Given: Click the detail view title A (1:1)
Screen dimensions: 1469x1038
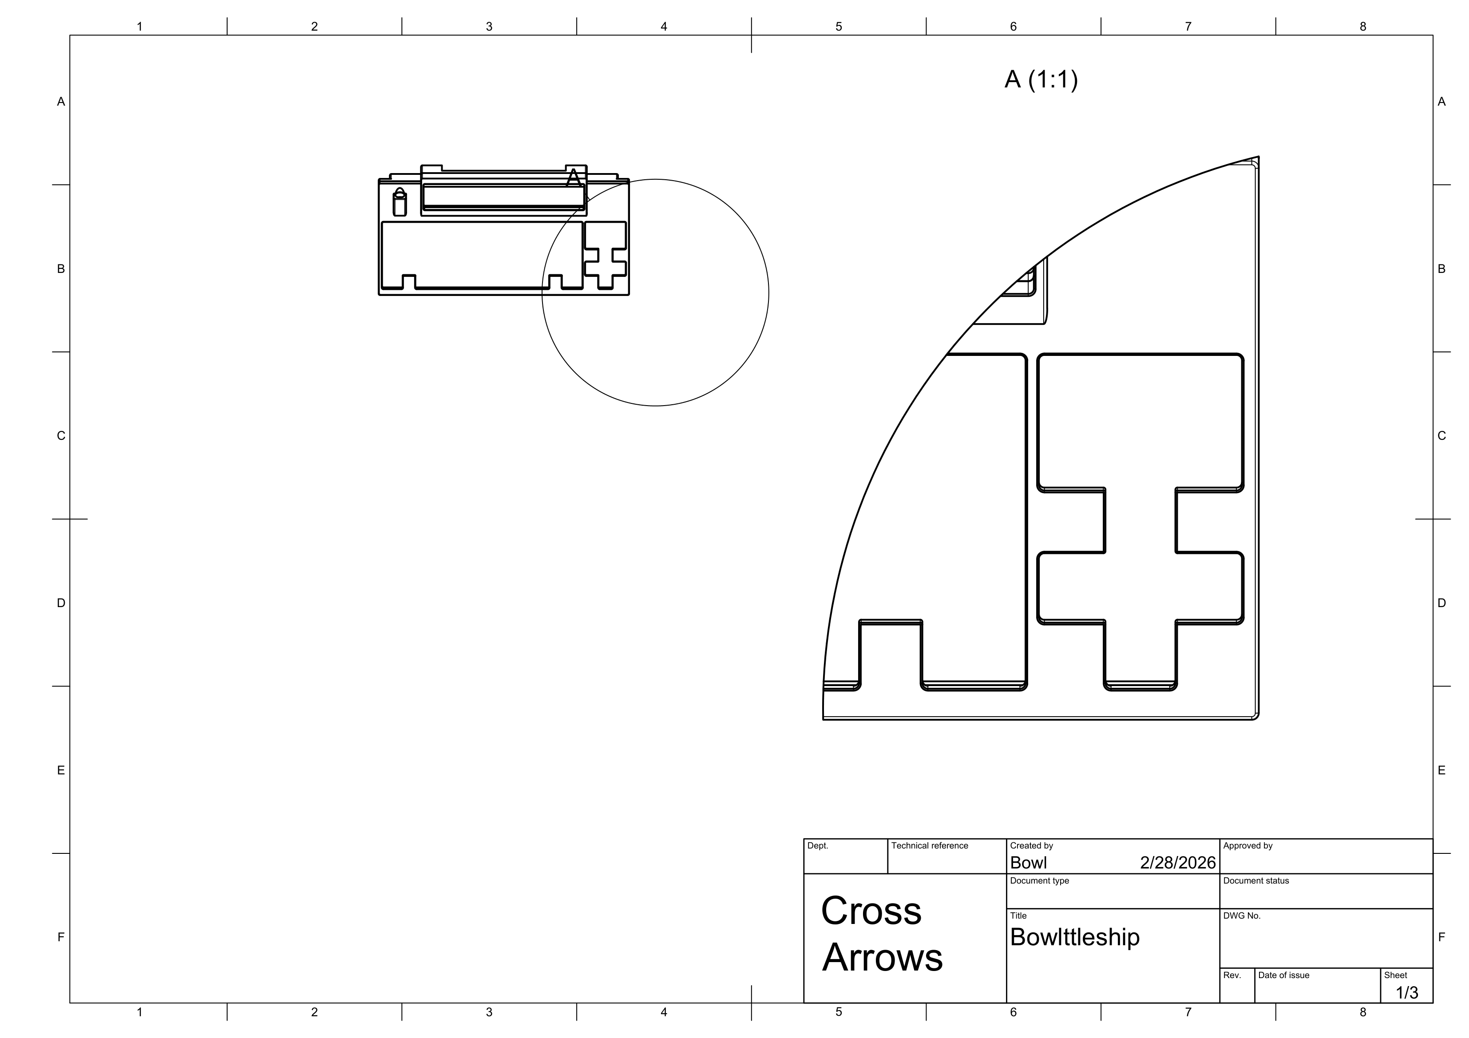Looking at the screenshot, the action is (1041, 80).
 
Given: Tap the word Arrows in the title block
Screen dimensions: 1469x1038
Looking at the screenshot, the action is (882, 957).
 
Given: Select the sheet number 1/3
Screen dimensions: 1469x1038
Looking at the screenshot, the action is (1407, 993).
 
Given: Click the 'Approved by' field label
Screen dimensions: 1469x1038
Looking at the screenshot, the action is (1247, 845).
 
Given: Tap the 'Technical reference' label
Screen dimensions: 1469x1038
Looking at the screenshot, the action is (930, 845).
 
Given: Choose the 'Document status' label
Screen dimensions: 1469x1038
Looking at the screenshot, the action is (1256, 880).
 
